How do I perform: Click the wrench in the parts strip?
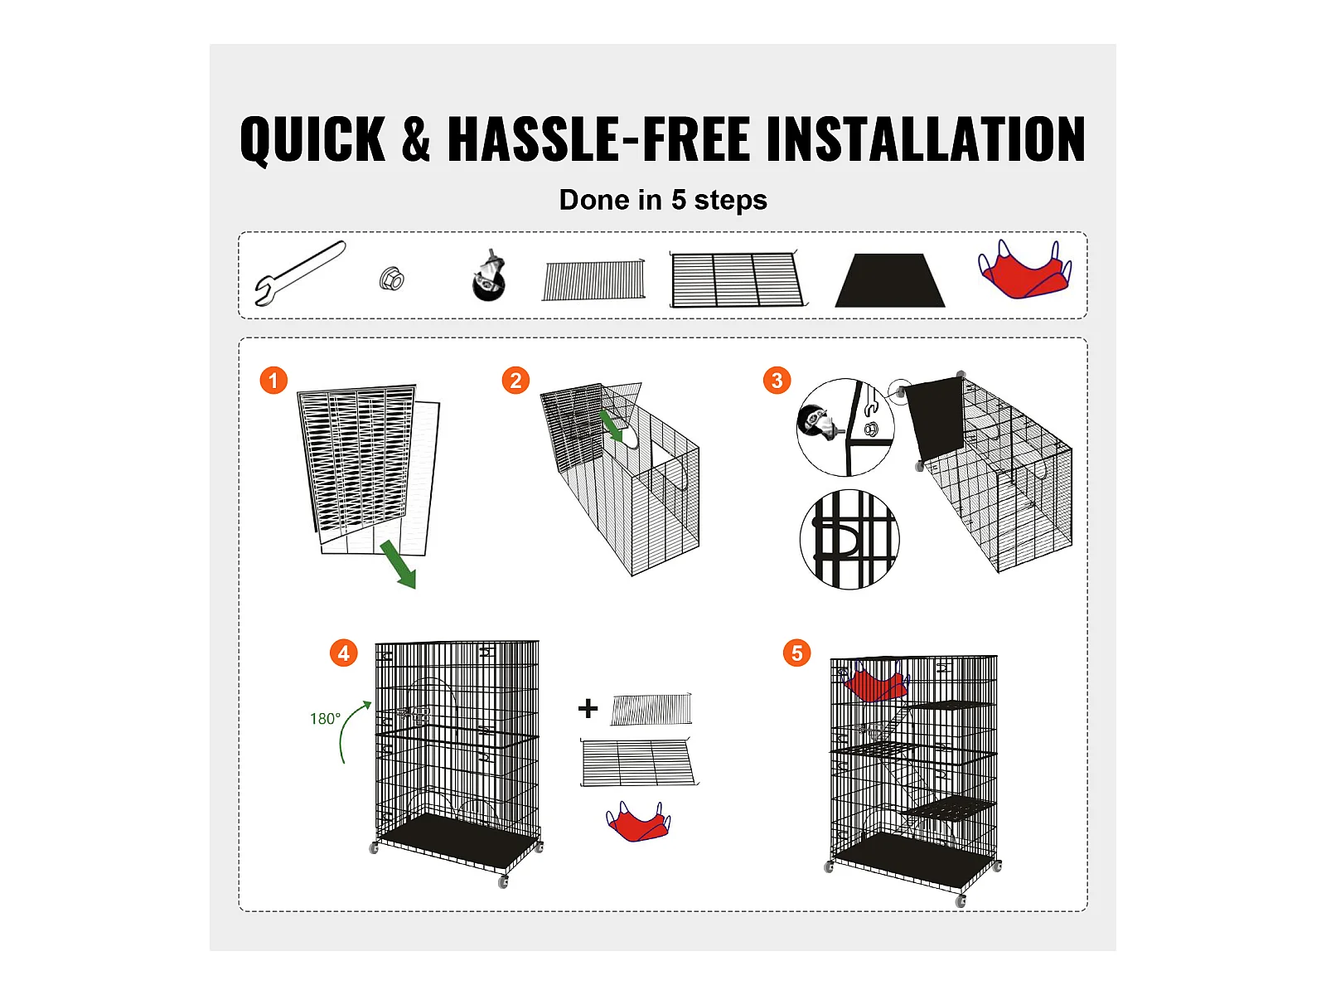pyautogui.click(x=300, y=273)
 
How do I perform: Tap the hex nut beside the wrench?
pyautogui.click(x=391, y=279)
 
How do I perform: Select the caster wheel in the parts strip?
pyautogui.click(x=489, y=276)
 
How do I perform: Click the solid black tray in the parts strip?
pyautogui.click(x=890, y=280)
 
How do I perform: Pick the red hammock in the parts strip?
pyautogui.click(x=1024, y=270)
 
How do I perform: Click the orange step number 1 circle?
pyautogui.click(x=273, y=381)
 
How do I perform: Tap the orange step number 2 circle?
pyautogui.click(x=515, y=381)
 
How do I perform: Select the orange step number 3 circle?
pyautogui.click(x=777, y=381)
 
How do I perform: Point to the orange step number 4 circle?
pyautogui.click(x=344, y=653)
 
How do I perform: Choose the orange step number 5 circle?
pyautogui.click(x=796, y=653)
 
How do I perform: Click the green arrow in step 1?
pyautogui.click(x=399, y=565)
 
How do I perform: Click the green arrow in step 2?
pyautogui.click(x=612, y=426)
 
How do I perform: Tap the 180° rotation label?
pyautogui.click(x=325, y=719)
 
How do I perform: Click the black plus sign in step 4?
pyautogui.click(x=588, y=708)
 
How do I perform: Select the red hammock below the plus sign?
pyautogui.click(x=638, y=822)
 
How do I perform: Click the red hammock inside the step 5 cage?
pyautogui.click(x=875, y=682)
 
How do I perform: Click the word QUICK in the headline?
pyautogui.click(x=313, y=139)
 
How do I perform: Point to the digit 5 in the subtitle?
pyautogui.click(x=679, y=200)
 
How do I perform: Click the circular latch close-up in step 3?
pyautogui.click(x=849, y=540)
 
